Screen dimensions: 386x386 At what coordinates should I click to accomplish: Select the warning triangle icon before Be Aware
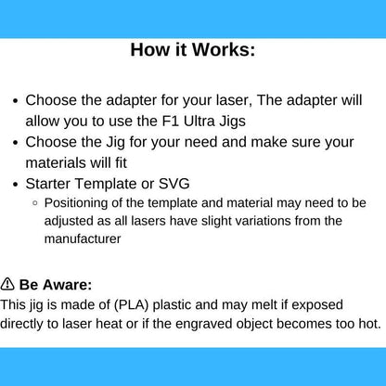(7, 284)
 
